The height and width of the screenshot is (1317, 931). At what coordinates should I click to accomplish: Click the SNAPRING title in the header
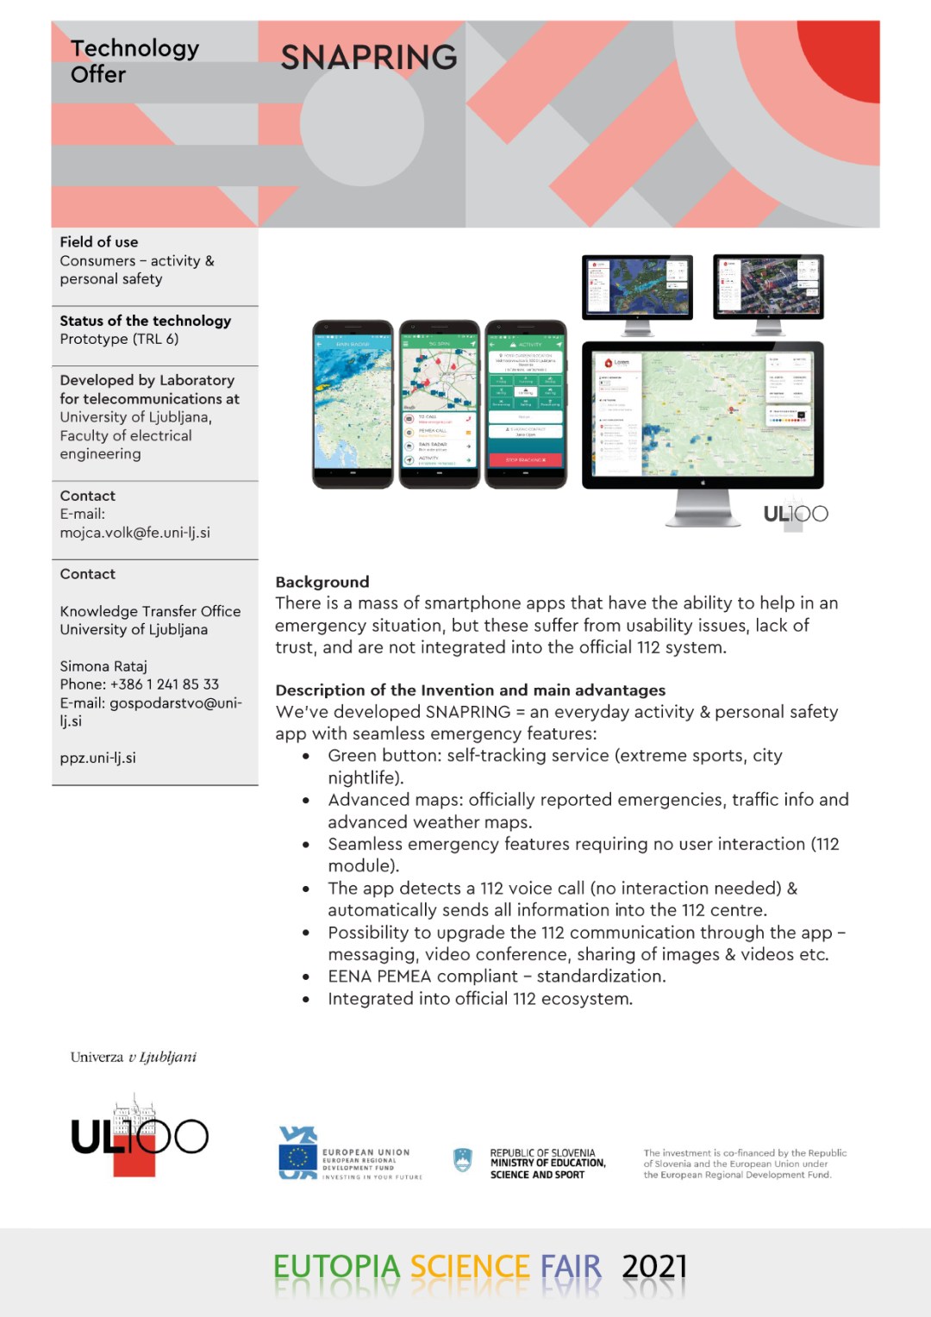click(369, 58)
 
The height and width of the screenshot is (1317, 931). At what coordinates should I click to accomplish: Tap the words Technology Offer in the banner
click(134, 61)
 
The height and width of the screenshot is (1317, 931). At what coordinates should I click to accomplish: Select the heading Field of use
click(99, 242)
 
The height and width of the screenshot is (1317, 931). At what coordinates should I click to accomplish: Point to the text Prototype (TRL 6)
click(119, 339)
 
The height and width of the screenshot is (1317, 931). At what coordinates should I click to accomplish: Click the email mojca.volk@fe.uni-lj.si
click(134, 533)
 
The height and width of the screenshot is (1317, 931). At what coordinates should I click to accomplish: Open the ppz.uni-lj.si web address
click(97, 758)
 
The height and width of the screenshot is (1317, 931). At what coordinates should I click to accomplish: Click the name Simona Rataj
click(103, 666)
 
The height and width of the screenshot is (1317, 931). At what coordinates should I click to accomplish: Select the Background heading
click(322, 582)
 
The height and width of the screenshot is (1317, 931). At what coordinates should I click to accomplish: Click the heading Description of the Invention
click(470, 690)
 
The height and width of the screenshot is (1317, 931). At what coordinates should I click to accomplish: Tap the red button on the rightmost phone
click(526, 460)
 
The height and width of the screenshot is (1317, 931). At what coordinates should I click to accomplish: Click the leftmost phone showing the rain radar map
click(352, 403)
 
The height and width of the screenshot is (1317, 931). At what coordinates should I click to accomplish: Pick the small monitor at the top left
click(637, 286)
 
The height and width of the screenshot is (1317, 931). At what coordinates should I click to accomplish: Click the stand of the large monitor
click(703, 508)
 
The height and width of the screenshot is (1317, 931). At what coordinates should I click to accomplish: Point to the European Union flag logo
click(298, 1153)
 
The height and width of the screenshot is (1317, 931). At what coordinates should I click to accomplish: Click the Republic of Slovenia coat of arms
click(463, 1160)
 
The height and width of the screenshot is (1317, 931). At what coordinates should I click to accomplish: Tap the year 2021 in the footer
click(654, 1266)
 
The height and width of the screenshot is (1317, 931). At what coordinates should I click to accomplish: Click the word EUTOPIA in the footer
click(337, 1266)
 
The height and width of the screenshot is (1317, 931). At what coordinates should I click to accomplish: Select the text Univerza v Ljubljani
click(134, 1057)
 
